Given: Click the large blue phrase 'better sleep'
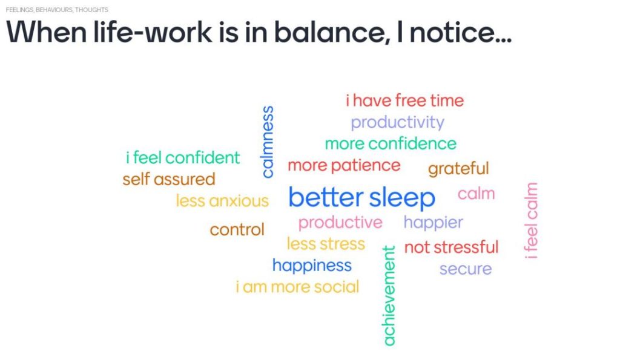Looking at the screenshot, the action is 362,198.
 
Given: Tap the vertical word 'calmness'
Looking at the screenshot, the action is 268,142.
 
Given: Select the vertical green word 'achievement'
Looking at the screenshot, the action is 389,296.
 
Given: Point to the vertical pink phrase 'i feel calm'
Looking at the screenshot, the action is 531,220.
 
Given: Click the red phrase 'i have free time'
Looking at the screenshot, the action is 404,100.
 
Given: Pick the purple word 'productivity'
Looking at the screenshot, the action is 397,122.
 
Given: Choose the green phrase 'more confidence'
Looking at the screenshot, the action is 391,143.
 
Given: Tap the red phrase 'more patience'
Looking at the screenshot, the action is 344,166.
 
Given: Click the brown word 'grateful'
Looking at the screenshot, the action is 458,169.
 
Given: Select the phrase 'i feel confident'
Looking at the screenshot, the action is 183,158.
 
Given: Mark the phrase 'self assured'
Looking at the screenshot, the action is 169,180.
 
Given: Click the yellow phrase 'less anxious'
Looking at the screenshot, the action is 222,201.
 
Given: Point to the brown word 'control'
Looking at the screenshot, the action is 237,229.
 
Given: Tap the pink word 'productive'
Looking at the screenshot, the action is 340,223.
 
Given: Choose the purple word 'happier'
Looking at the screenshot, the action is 433,223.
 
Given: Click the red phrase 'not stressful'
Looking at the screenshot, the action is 451,247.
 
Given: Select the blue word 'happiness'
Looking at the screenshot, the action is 312,266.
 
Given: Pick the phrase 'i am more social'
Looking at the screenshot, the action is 297,287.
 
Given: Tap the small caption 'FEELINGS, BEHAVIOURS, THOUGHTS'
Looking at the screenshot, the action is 57,10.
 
